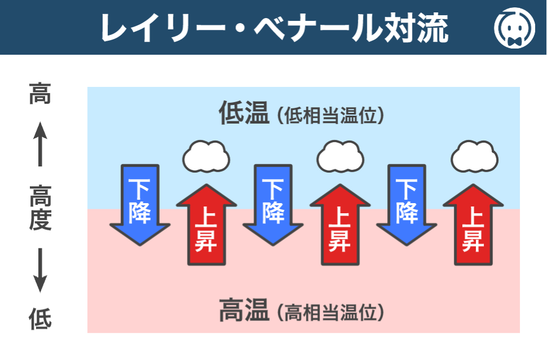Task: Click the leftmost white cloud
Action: pos(206,156)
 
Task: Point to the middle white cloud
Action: pos(340,156)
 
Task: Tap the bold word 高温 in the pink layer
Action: pos(243,311)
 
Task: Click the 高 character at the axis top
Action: pos(40,94)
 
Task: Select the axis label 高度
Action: pos(40,208)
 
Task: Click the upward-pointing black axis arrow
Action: pos(40,144)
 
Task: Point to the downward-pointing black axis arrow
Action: pos(40,270)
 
